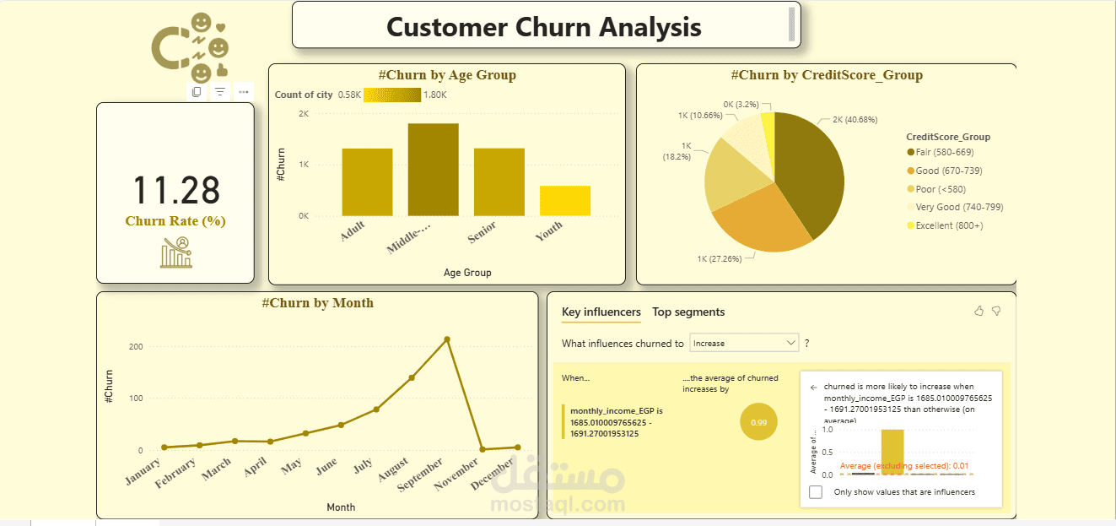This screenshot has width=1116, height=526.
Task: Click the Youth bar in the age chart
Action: pos(565,200)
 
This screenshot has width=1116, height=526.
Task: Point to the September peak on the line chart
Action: pos(447,339)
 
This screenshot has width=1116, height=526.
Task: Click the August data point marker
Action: pos(412,377)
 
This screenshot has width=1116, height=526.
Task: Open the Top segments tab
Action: pos(688,312)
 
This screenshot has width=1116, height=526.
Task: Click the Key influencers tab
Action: pos(601,312)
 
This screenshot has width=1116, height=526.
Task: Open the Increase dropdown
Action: pos(744,343)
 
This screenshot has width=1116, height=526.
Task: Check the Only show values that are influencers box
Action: pos(816,492)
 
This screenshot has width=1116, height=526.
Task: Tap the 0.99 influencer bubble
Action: pos(758,422)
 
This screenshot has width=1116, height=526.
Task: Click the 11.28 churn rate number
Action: pos(176,191)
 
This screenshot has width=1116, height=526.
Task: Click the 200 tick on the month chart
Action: pos(136,347)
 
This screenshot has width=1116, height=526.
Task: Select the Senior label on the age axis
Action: pos(483,232)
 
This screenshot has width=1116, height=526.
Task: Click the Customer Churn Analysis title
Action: pos(543,27)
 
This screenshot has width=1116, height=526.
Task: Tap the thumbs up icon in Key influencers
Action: pos(979,312)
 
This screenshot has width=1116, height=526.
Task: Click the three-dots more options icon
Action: pos(243,91)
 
